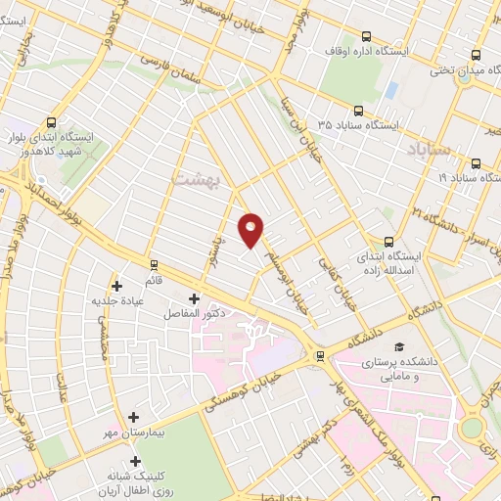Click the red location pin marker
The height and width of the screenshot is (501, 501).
click(x=251, y=229)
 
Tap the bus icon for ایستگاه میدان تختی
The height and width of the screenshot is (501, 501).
click(x=477, y=55)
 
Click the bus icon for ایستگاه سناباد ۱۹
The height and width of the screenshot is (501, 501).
click(x=476, y=163)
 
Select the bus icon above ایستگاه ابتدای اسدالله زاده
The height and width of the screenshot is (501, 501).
click(x=389, y=242)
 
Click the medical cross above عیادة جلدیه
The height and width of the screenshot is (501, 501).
click(x=117, y=286)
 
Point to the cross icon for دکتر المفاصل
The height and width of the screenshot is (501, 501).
click(x=193, y=298)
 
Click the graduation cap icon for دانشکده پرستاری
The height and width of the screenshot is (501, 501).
click(x=398, y=347)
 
